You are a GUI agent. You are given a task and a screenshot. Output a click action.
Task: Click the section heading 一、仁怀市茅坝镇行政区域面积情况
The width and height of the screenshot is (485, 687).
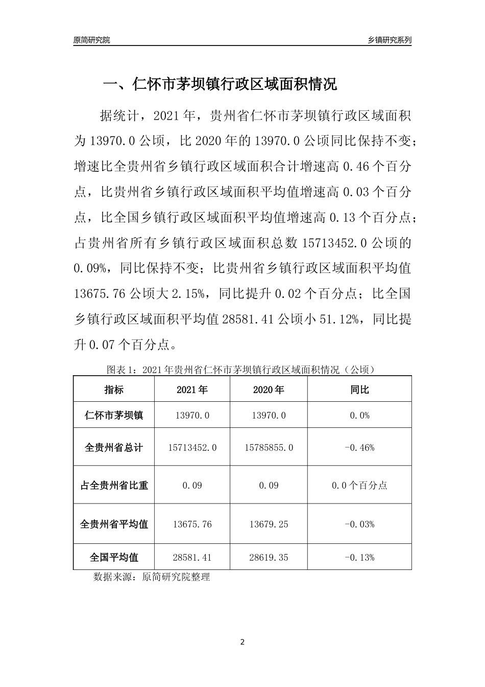pos(220,84)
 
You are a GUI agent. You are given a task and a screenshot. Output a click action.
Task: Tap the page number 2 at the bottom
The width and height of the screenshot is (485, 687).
pos(243,642)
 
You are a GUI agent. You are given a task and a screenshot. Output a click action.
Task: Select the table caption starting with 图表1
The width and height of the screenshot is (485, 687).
pos(241,370)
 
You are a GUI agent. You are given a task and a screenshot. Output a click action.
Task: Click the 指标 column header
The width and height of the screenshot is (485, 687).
pos(114,390)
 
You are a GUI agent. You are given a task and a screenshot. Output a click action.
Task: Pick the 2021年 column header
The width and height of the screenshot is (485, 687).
pos(192,390)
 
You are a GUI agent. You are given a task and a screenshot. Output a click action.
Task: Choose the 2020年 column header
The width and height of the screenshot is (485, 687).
pos(269,390)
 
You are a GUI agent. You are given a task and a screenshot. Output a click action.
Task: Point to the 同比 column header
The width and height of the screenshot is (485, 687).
pos(359,390)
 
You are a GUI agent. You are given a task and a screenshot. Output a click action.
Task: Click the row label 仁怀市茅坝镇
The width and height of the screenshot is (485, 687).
pos(114,416)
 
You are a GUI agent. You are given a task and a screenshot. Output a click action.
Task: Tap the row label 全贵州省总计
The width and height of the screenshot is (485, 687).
pos(114,447)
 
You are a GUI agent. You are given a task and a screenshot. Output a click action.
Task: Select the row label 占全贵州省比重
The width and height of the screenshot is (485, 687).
pos(114,485)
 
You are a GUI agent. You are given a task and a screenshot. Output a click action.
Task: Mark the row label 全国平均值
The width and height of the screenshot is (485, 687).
pos(114,557)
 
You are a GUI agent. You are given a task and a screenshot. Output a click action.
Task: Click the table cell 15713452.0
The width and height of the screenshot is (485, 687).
pos(192,447)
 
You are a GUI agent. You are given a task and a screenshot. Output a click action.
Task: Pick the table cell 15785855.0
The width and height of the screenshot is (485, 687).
pos(269,447)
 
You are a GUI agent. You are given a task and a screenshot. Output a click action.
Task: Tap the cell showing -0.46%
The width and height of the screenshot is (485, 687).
pos(359,447)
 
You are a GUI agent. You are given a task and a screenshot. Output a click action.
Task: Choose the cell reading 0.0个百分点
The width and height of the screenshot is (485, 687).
pos(359,485)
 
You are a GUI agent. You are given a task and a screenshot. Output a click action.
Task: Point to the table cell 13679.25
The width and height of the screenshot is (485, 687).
pos(269,524)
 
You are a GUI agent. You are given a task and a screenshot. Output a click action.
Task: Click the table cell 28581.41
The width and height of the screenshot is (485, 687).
pos(192,557)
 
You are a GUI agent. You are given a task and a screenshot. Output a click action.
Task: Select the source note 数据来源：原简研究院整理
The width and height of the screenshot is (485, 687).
pos(152,577)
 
